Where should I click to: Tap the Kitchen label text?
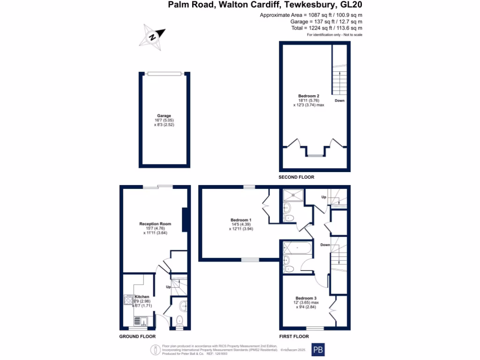pyautogui.click(x=142, y=297)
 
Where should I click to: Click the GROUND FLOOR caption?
pyautogui.click(x=136, y=337)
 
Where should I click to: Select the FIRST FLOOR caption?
pyautogui.click(x=293, y=337)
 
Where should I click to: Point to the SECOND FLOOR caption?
pyautogui.click(x=296, y=177)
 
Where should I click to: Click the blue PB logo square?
pyautogui.click(x=318, y=350)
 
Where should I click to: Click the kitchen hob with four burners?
pyautogui.click(x=128, y=300)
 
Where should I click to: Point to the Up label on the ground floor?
pyautogui.click(x=167, y=287)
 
